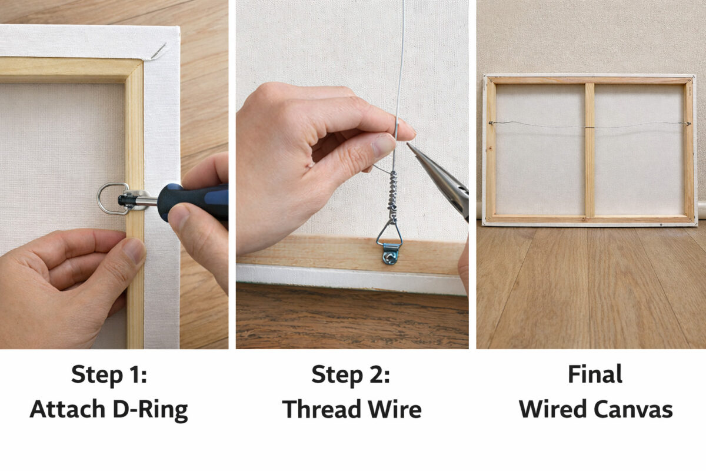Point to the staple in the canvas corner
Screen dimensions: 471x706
click(x=158, y=52)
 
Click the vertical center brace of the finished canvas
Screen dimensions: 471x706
click(x=590, y=150)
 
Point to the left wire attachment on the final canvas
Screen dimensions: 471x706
click(x=490, y=123)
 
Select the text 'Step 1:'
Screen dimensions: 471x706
click(x=109, y=374)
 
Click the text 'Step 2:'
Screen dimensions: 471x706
click(x=351, y=374)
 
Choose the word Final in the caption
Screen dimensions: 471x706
click(x=595, y=374)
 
